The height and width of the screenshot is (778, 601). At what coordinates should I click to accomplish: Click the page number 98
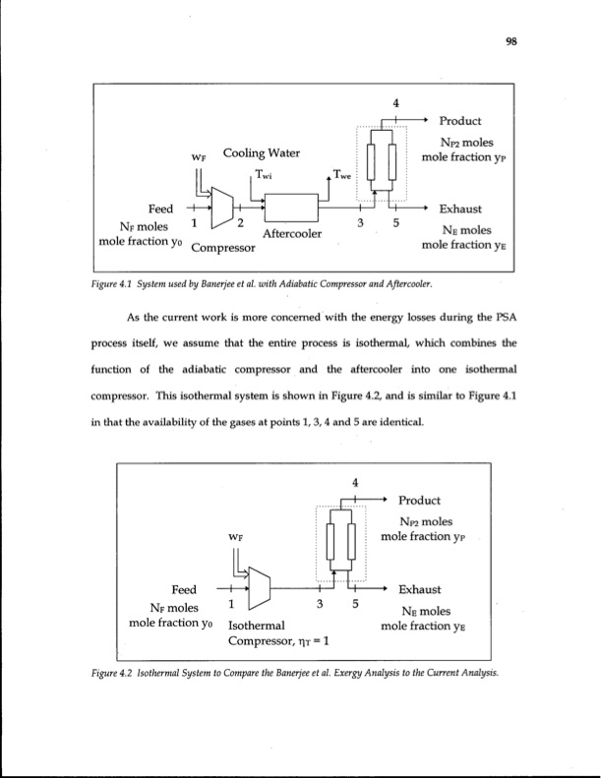[x=511, y=41]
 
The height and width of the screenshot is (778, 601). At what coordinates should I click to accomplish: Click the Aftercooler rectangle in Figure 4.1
[x=290, y=208]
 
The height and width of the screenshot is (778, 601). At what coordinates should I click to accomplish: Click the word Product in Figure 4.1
[x=459, y=122]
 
